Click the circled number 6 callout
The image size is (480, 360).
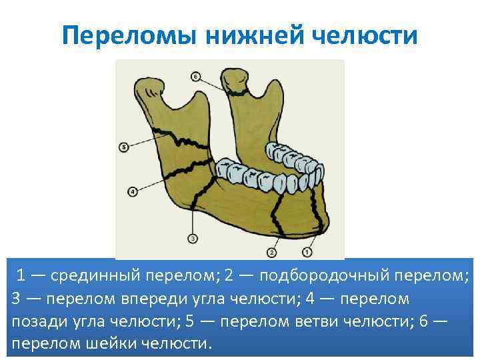tap(195, 77)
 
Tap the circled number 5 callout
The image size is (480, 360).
tap(123, 147)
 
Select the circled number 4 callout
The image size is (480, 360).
tap(132, 191)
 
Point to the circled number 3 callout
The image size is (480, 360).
tap(192, 238)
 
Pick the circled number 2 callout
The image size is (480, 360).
tap(271, 252)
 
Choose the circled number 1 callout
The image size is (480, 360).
tap(306, 252)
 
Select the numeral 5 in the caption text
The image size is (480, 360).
tap(189, 321)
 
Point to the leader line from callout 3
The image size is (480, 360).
tap(193, 220)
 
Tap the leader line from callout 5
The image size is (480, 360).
tap(143, 141)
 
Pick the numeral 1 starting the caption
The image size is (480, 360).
tap(22, 275)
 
